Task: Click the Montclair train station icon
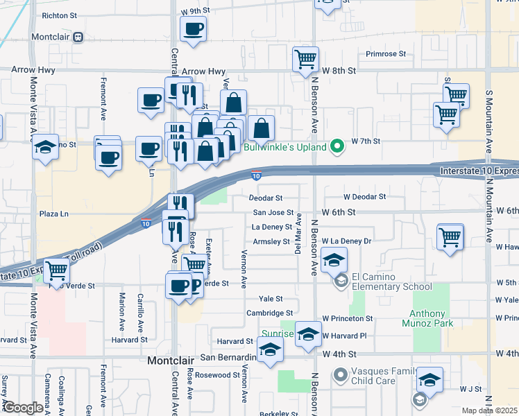tap(79, 36)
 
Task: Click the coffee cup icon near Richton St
tap(193, 29)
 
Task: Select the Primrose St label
tap(385, 53)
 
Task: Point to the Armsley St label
tap(271, 241)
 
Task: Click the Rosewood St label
tap(217, 375)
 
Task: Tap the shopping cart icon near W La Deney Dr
tap(450, 237)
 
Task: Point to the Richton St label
tap(60, 15)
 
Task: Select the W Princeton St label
tap(348, 318)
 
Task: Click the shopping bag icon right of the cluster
tap(261, 128)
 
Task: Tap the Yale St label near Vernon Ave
tap(271, 299)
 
